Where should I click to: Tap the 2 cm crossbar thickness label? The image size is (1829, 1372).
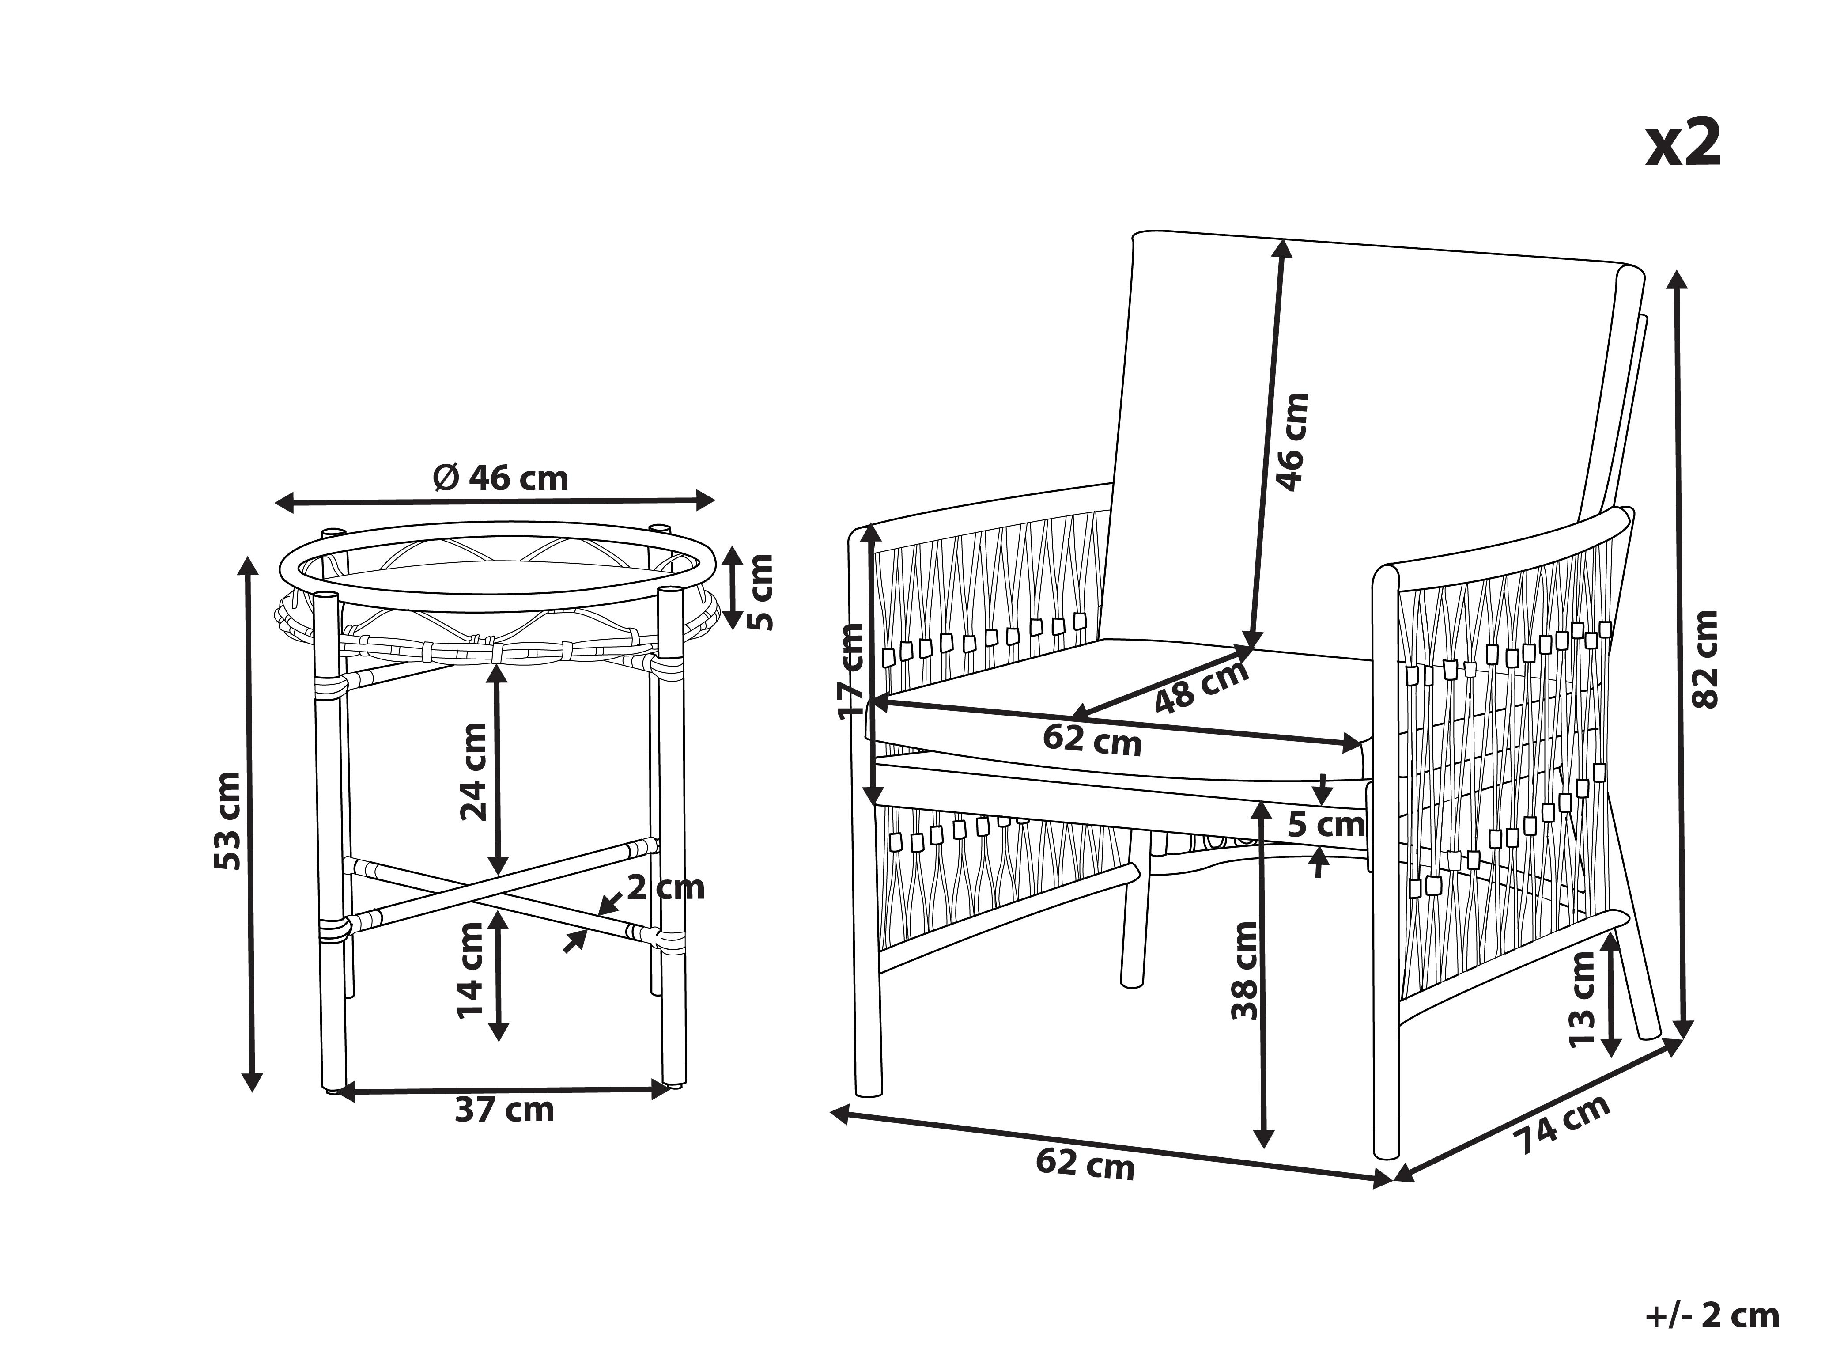[x=665, y=887]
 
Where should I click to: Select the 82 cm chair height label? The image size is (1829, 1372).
[x=1706, y=659]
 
